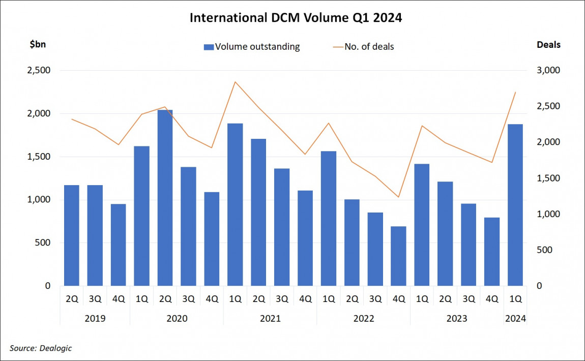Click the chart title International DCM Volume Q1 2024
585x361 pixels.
coord(296,18)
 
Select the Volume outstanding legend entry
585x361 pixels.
coord(252,47)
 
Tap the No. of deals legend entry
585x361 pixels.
coord(363,47)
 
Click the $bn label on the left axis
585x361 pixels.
coord(38,45)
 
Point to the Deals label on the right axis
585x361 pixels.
coord(548,45)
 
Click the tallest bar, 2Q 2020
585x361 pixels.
coord(165,198)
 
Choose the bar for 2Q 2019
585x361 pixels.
coord(71,235)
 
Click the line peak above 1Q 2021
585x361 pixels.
coord(235,82)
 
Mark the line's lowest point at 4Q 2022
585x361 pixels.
coord(398,197)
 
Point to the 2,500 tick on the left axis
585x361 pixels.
coord(38,70)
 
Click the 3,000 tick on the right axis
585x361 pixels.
coord(548,70)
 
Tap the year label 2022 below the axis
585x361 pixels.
coord(363,319)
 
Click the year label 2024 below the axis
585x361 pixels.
coord(515,319)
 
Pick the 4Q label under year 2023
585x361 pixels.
coord(492,299)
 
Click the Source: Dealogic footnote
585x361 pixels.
coord(41,348)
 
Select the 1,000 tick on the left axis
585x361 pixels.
coord(38,200)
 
